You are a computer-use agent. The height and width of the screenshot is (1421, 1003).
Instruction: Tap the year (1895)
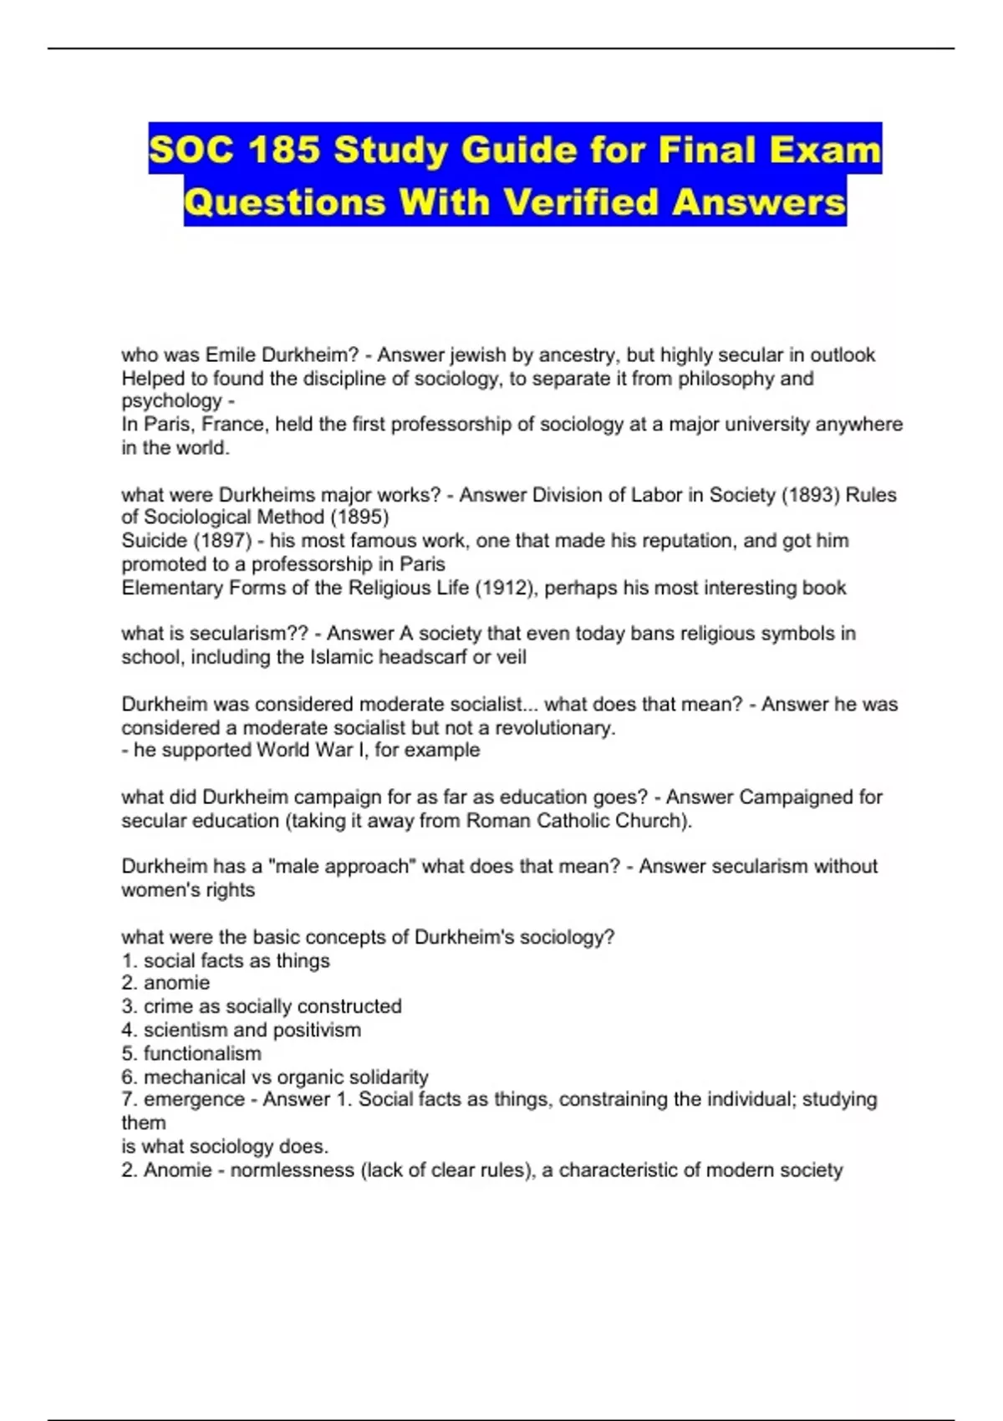click(359, 517)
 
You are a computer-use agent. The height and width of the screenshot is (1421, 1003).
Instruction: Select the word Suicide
click(154, 540)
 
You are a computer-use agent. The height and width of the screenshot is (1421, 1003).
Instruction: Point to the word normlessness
click(292, 1169)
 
